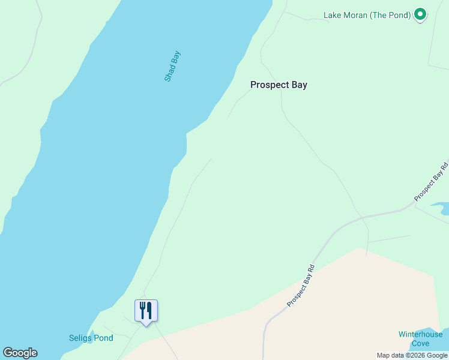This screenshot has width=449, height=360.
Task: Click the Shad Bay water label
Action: (172, 67)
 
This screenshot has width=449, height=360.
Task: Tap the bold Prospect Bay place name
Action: (279, 85)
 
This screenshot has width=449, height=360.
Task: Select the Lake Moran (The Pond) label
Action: (367, 15)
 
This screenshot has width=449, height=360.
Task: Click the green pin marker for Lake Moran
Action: (421, 14)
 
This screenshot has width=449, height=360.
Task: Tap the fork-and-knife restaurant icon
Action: (146, 311)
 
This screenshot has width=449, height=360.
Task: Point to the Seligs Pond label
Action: (91, 338)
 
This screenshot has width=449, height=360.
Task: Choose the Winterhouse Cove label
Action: (420, 339)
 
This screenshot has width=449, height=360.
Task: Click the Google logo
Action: (20, 353)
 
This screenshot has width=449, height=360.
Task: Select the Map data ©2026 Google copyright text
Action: (412, 355)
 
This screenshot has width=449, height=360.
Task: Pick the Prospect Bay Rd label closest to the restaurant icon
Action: (301, 286)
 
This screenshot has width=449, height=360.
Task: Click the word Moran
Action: (357, 15)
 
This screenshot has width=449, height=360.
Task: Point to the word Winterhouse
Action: (420, 334)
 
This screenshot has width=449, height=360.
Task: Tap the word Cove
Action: (420, 343)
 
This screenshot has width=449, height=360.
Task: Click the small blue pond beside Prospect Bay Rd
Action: (443, 209)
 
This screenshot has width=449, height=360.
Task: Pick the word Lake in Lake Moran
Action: (333, 15)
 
